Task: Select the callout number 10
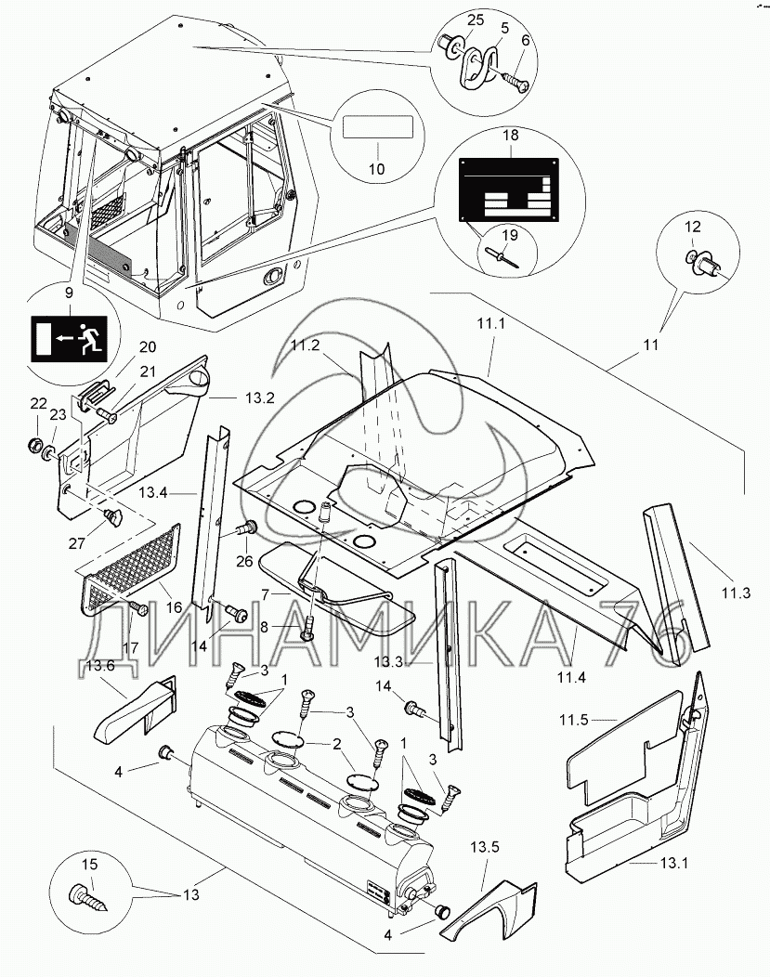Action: tap(376, 170)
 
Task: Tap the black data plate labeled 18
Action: tap(508, 190)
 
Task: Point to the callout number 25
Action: tap(450, 20)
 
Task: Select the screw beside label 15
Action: tap(91, 894)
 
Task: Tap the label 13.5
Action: tap(483, 849)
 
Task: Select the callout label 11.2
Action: tap(305, 345)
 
